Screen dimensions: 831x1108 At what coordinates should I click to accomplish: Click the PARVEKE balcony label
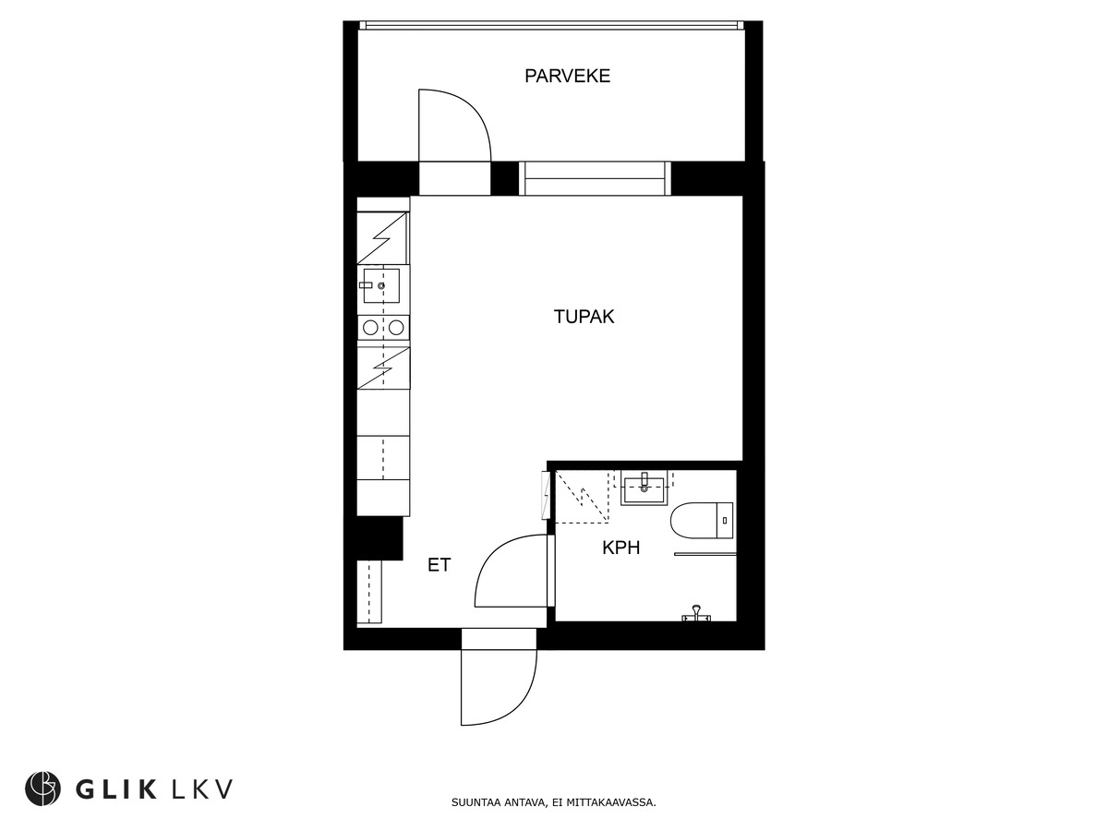click(567, 77)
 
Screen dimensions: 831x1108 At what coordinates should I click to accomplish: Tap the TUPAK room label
click(584, 318)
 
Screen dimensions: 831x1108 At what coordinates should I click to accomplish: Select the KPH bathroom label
click(620, 548)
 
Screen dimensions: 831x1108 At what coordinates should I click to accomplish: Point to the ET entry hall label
click(439, 565)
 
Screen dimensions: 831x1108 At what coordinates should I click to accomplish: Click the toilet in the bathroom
click(701, 520)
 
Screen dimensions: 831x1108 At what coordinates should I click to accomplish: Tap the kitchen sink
click(381, 285)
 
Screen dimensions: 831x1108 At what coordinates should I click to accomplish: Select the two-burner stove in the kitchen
click(383, 327)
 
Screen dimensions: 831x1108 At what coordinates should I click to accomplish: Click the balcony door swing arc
click(454, 125)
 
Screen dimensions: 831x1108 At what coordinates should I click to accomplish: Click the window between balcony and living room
click(595, 178)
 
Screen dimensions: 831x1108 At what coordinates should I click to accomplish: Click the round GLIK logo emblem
click(42, 789)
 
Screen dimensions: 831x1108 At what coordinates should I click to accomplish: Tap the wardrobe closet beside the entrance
click(370, 592)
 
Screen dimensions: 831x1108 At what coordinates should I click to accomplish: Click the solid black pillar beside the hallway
click(379, 538)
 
